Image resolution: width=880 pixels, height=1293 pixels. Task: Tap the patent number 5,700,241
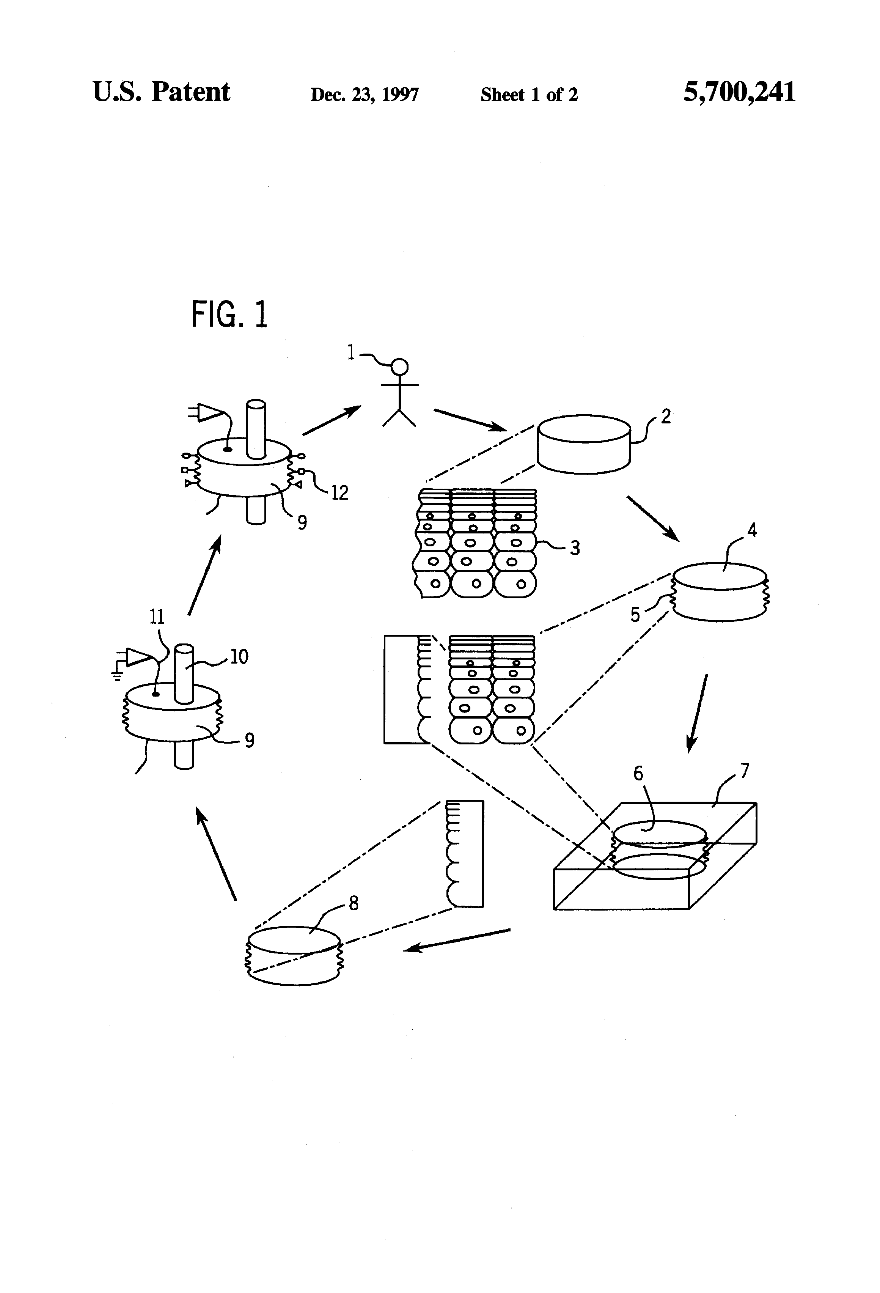click(739, 92)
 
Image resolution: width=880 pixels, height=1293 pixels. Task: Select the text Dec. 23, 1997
click(365, 94)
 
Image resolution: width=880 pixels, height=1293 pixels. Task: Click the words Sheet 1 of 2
click(529, 94)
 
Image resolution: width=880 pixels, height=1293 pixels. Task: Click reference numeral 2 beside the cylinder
click(666, 416)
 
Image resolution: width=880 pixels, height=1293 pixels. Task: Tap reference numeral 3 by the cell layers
click(575, 548)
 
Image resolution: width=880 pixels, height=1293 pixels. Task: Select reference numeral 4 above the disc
click(752, 531)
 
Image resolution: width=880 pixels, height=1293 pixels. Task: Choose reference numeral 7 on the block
click(745, 771)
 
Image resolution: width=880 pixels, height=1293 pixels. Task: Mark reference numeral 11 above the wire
click(157, 617)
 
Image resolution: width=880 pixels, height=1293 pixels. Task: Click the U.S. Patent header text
click(161, 92)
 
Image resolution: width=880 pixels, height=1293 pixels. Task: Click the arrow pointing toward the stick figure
click(332, 420)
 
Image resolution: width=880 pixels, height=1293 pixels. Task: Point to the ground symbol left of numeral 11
click(116, 675)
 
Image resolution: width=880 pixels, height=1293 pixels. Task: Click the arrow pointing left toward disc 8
click(456, 939)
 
